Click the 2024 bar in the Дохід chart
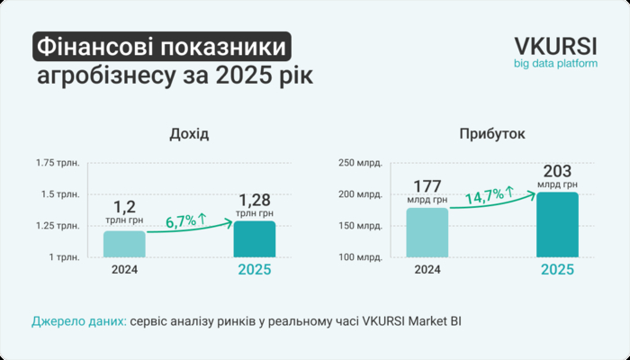click(x=124, y=244)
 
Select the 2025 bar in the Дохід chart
click(x=255, y=239)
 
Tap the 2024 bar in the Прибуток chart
click(x=427, y=233)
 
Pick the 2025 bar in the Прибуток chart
click(x=558, y=225)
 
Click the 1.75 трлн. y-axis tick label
click(x=58, y=163)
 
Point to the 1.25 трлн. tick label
click(x=58, y=226)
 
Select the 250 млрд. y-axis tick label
click(x=360, y=163)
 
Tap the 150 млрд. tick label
click(x=360, y=226)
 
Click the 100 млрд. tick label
click(x=360, y=258)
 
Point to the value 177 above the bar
click(x=427, y=186)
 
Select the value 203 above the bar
click(x=558, y=171)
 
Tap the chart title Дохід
click(x=189, y=134)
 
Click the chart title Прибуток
click(x=491, y=134)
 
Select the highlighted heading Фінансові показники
click(x=162, y=46)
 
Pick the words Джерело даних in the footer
click(x=78, y=320)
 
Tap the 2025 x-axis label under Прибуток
click(x=558, y=269)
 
